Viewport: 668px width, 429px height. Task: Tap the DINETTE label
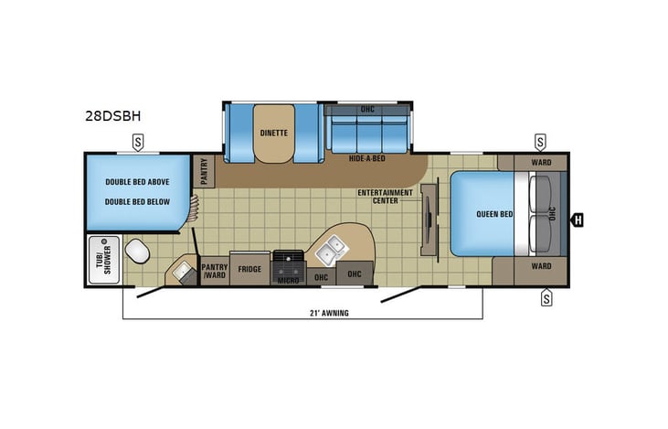coord(273,132)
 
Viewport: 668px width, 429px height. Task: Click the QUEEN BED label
coord(493,215)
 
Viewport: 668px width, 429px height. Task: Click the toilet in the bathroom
coord(138,250)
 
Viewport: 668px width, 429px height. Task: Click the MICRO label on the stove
coord(290,280)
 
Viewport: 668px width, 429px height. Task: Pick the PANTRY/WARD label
coord(214,270)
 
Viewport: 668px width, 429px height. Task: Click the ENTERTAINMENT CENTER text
coord(380,197)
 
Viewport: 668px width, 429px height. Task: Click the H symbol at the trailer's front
coord(578,219)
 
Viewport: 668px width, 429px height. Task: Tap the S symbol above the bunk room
coord(138,142)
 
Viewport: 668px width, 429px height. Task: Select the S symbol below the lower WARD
coord(546,295)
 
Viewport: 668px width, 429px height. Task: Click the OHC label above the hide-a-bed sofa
coord(367,110)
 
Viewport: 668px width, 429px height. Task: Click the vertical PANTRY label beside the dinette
coord(204,171)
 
